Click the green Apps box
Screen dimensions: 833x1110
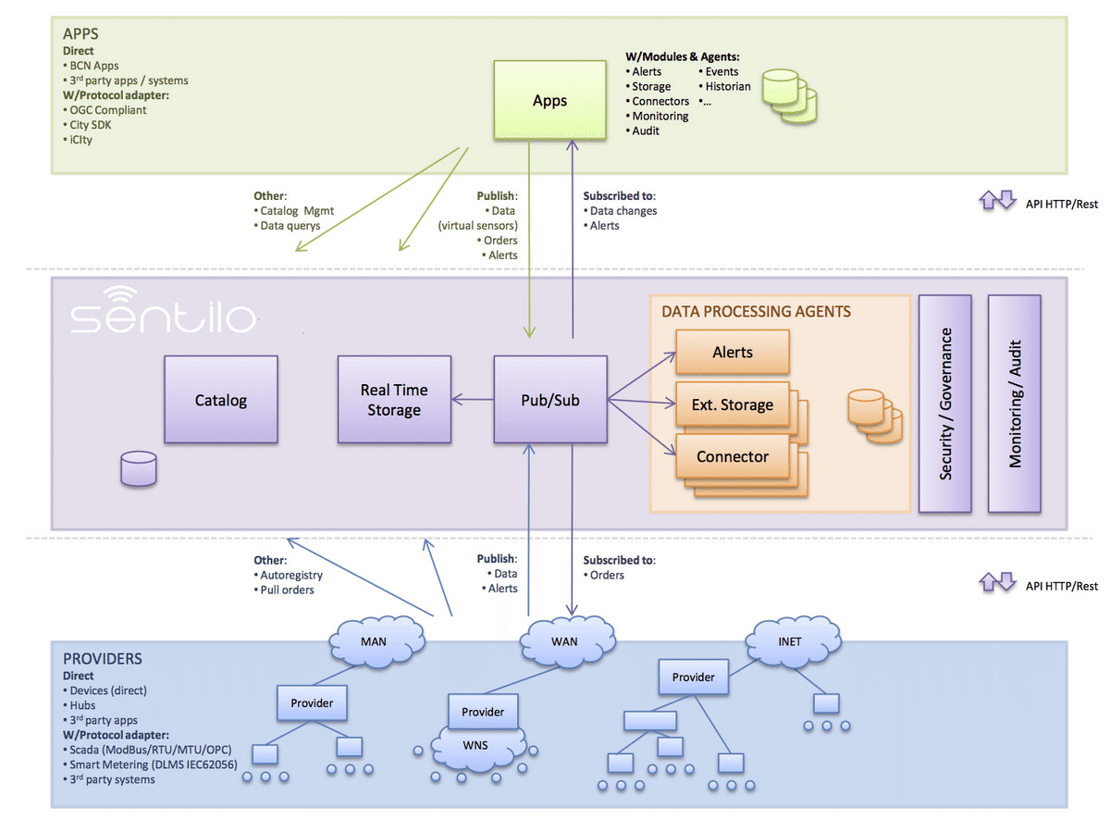pos(549,100)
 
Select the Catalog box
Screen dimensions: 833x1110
pos(221,400)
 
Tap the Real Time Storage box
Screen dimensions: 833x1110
pos(394,400)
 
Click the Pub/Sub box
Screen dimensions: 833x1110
pos(550,400)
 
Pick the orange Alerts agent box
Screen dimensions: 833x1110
pos(732,353)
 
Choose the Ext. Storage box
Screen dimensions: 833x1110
pos(732,404)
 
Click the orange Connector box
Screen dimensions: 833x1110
pos(732,456)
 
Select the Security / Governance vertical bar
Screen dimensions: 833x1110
pos(944,404)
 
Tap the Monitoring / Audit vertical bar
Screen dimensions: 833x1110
pos(1015,404)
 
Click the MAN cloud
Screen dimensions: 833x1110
pos(373,641)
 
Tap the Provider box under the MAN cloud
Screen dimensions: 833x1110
pos(312,702)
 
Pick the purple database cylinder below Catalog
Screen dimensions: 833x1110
pos(139,468)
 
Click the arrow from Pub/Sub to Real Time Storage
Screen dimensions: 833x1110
pos(473,400)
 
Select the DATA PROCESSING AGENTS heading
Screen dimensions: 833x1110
pos(756,312)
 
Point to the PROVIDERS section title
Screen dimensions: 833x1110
pos(102,659)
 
